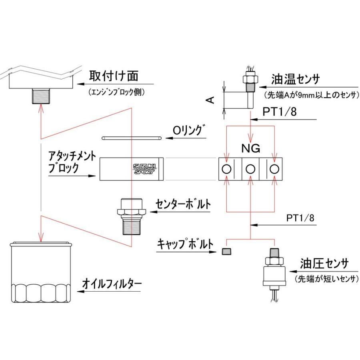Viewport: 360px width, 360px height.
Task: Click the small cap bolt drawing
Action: tap(227, 252)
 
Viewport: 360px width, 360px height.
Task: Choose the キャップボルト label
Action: tap(185, 244)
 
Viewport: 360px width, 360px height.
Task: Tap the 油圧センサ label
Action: tap(324, 264)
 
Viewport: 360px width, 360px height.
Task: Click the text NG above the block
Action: tap(250, 149)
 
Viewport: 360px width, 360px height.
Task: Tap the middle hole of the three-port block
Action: tap(250, 169)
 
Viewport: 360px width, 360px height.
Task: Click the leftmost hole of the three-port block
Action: tap(226, 169)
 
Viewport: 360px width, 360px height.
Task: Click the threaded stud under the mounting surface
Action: tap(40, 96)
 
